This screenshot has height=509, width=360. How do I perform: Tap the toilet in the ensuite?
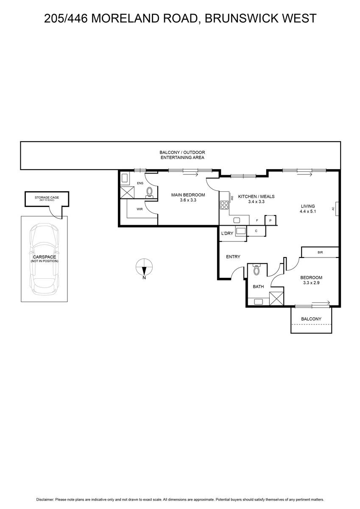pyautogui.click(x=149, y=192)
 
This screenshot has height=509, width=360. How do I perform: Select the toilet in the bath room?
pyautogui.click(x=257, y=270)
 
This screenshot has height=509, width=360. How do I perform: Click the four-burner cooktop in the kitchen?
pyautogui.click(x=224, y=205)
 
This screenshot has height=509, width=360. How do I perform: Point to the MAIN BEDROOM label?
pyautogui.click(x=188, y=195)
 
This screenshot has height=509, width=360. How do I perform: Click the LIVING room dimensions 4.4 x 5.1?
pyautogui.click(x=308, y=211)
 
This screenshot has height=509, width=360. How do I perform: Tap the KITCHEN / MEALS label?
pyautogui.click(x=256, y=196)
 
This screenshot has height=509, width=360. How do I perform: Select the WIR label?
pyautogui.click(x=140, y=209)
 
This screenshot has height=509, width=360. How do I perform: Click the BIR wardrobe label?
pyautogui.click(x=320, y=252)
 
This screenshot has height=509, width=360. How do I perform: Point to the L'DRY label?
pyautogui.click(x=227, y=233)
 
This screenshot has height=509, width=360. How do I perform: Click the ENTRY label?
pyautogui.click(x=233, y=257)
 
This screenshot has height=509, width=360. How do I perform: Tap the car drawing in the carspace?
pyautogui.click(x=44, y=259)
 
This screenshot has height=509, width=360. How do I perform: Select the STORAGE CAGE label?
pyautogui.click(x=47, y=198)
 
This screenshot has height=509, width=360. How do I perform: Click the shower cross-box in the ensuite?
pyautogui.click(x=127, y=192)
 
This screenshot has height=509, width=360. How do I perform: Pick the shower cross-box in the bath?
pyautogui.click(x=276, y=299)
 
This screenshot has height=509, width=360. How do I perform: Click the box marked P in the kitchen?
pyautogui.click(x=271, y=220)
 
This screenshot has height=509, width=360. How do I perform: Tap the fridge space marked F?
pyautogui.click(x=257, y=220)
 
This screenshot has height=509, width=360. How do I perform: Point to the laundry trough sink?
pyautogui.click(x=241, y=231)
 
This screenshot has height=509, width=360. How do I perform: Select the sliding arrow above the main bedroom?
pyautogui.click(x=190, y=174)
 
